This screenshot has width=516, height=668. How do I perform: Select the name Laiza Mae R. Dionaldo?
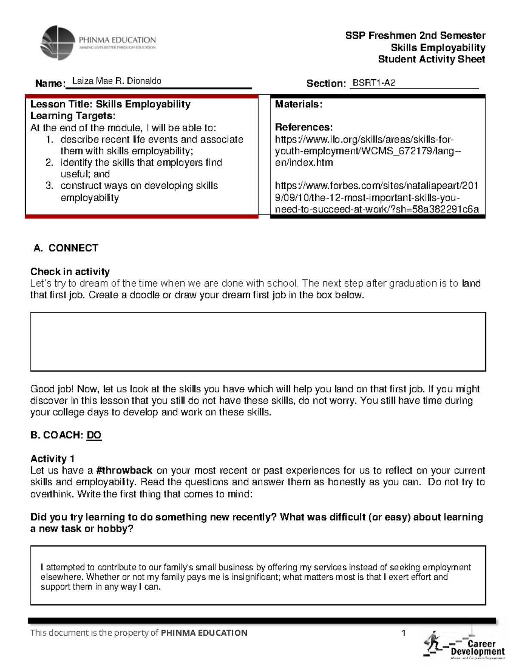117,81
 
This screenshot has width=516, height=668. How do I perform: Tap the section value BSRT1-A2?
373,83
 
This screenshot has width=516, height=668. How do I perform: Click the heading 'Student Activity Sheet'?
431,59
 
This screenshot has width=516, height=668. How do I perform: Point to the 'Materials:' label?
298,104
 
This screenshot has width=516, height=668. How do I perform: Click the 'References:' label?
304,127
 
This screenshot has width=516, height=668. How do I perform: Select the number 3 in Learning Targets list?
49,186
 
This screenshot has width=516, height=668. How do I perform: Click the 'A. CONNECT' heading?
66,248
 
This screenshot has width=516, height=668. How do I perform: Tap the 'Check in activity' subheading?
70,271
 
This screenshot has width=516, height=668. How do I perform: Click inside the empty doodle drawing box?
258,342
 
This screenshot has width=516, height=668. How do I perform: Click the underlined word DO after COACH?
94,435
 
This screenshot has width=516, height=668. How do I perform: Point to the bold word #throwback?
124,470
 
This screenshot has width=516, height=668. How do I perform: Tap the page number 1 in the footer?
403,632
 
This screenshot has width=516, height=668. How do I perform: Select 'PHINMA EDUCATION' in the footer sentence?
204,633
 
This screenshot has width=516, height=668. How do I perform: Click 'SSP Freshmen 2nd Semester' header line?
415,36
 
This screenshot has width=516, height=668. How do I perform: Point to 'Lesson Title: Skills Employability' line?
110,104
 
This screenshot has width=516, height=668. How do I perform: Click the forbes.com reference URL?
376,197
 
